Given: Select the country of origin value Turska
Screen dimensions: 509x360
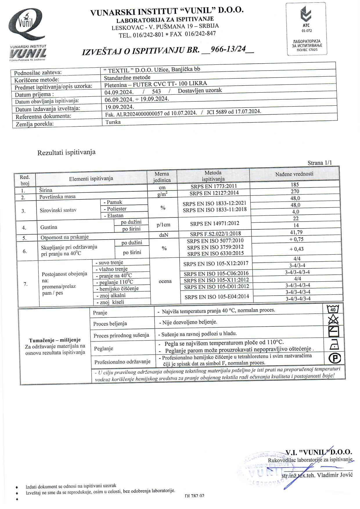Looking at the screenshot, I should [x=113, y=122].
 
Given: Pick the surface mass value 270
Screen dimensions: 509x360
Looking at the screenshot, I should [x=295, y=192].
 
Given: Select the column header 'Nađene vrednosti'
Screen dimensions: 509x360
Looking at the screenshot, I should [x=294, y=174].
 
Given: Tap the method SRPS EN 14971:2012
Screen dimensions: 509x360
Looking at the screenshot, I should [x=215, y=224].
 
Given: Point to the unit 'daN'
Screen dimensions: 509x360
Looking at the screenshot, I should [x=163, y=235].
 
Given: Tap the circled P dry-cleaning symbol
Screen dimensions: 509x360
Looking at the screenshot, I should [x=334, y=358].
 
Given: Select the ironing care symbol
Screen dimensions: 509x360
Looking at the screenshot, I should [x=334, y=345].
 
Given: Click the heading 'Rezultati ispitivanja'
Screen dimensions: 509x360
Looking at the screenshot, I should [x=66, y=152].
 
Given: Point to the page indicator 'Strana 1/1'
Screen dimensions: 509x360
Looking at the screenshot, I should [x=319, y=163].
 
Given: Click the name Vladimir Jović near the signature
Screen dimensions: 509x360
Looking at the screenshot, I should [x=334, y=475].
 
